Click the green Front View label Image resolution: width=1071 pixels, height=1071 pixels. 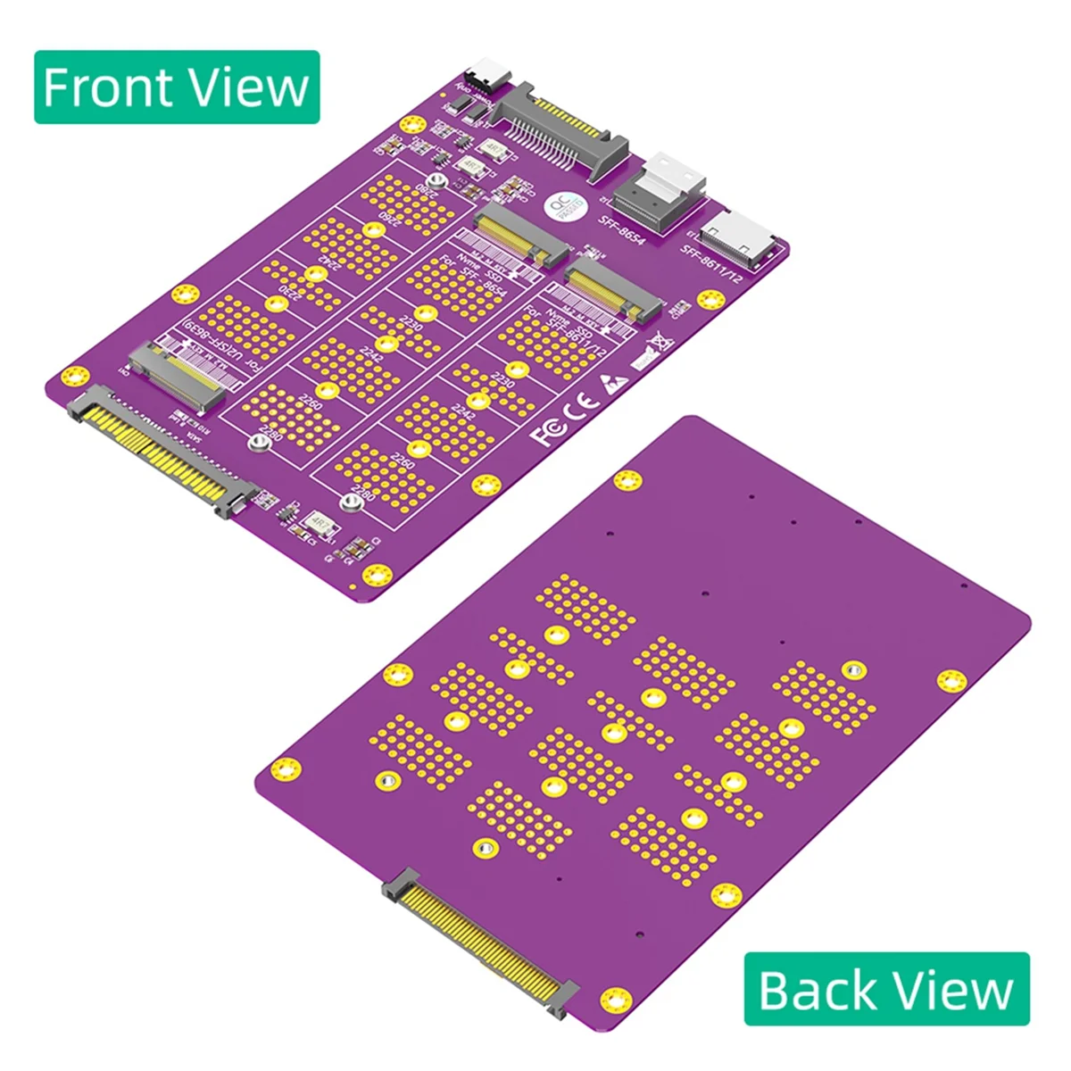pos(177,87)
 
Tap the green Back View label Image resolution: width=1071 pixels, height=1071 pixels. pos(886,989)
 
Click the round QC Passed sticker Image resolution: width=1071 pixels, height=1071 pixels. pos(566,208)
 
